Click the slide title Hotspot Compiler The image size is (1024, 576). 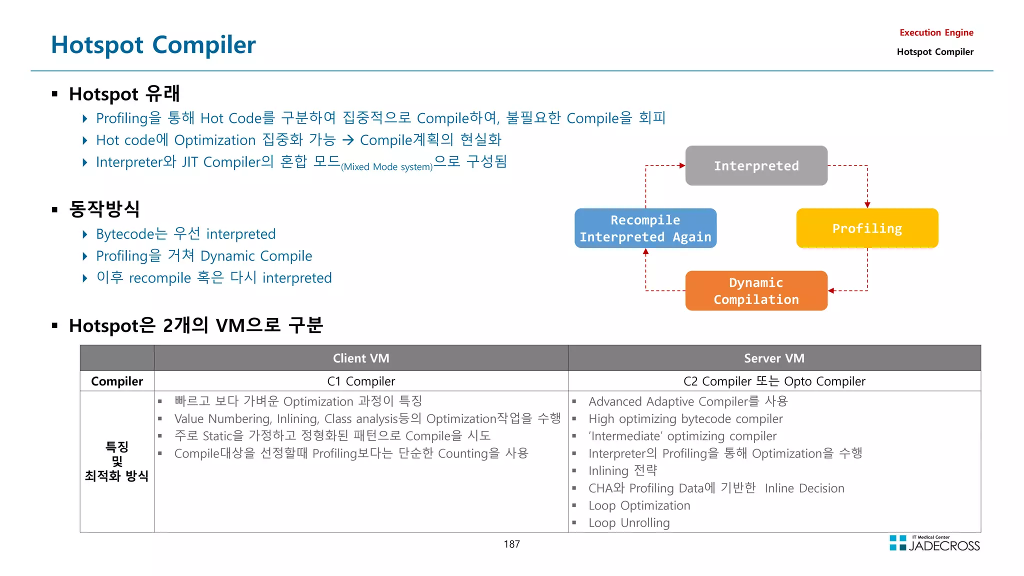[x=153, y=45]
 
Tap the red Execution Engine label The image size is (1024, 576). [x=936, y=32]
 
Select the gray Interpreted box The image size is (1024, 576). [x=756, y=165]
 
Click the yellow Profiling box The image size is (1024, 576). [x=867, y=228]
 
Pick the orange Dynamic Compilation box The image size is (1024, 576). [x=756, y=290]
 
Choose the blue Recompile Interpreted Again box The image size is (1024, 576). [x=645, y=228]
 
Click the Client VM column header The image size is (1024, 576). [x=361, y=358]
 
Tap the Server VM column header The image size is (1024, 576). [x=774, y=358]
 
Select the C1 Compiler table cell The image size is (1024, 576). [x=361, y=381]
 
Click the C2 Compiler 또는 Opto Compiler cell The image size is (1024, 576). [x=774, y=381]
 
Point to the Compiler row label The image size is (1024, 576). [x=117, y=381]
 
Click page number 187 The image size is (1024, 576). [x=511, y=544]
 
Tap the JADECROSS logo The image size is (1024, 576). [x=935, y=543]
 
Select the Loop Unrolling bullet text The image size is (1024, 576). [x=629, y=522]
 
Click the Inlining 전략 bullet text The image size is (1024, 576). [x=622, y=470]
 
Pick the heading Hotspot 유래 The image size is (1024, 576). [x=124, y=93]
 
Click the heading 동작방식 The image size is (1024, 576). [x=104, y=209]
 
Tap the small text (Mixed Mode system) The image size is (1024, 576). [x=386, y=167]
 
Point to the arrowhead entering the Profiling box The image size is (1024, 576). [x=867, y=204]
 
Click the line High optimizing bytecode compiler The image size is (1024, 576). [x=685, y=418]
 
